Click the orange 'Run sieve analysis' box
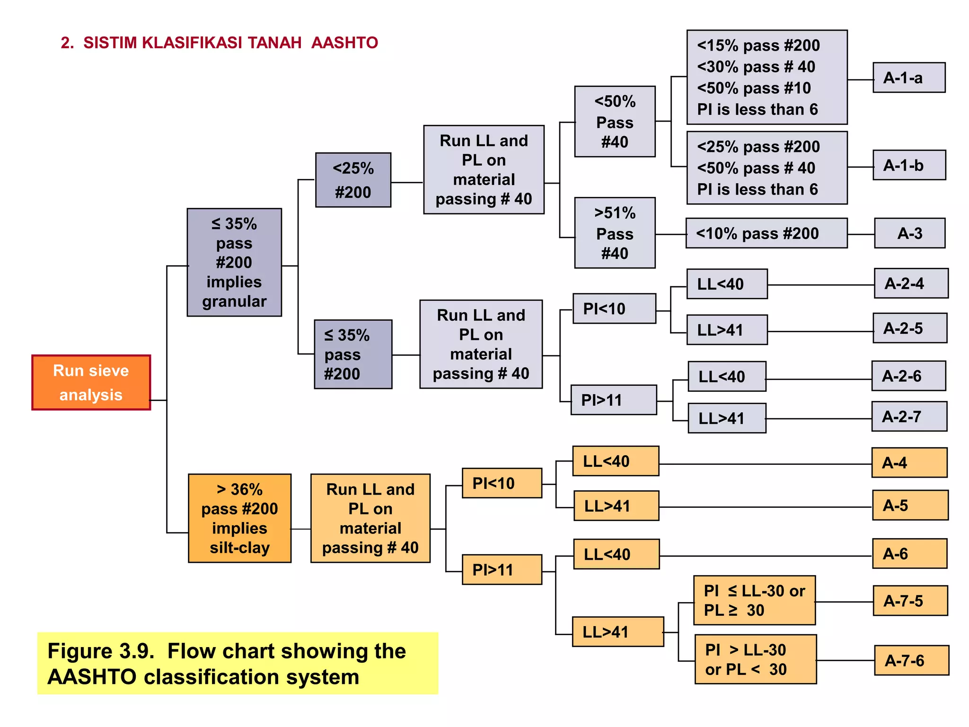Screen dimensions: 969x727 [91, 382]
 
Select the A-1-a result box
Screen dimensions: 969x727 [909, 78]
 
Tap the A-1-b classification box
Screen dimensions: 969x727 [909, 165]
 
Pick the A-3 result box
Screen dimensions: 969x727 [910, 233]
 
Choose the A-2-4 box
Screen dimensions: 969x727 [911, 284]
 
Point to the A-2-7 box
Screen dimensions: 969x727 [909, 417]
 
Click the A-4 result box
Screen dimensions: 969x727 [909, 462]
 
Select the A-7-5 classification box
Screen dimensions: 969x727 [910, 601]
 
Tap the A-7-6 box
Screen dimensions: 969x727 [911, 660]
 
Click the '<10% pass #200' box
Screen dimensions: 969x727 [766, 233]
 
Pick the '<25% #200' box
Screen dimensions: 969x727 [353, 180]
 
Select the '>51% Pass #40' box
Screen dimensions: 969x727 [615, 233]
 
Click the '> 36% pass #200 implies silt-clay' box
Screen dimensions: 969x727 [240, 518]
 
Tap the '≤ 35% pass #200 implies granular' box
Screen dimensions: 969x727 [235, 262]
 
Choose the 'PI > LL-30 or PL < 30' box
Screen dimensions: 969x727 [756, 659]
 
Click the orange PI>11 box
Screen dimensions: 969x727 [502, 569]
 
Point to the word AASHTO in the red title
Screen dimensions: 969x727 [344, 43]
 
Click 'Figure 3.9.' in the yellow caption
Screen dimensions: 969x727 [101, 651]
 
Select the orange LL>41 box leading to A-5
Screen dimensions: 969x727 [617, 506]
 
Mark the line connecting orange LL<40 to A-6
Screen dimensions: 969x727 [766, 556]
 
